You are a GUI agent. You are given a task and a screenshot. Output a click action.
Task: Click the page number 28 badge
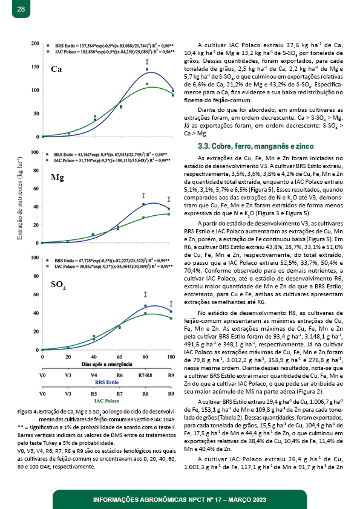point(21,8)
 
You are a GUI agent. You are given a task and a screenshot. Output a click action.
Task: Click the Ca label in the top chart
point(56,69)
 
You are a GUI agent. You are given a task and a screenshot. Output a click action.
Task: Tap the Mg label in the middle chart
point(57,178)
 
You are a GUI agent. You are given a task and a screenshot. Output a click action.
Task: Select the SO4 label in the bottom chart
point(58,285)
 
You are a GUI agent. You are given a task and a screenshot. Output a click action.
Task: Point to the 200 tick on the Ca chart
point(36,43)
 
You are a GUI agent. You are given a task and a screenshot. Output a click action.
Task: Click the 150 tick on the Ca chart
point(36,66)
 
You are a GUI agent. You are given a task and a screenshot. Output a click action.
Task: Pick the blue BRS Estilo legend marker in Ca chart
point(48,46)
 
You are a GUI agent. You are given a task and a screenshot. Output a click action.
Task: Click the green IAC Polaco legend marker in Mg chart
point(47,160)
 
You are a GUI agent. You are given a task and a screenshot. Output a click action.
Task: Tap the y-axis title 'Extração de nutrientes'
point(19,198)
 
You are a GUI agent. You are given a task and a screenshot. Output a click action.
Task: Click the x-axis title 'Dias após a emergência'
point(107,365)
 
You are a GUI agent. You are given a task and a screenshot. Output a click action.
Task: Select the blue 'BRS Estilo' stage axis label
point(107,382)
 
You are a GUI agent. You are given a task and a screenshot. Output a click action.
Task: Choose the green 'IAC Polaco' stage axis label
point(107,401)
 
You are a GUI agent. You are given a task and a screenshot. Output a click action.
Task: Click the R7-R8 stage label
point(145,375)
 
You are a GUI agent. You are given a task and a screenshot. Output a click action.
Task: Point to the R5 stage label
point(94,394)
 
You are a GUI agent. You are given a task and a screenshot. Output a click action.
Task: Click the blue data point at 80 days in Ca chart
point(147,69)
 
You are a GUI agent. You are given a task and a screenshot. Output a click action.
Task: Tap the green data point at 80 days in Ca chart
point(147,84)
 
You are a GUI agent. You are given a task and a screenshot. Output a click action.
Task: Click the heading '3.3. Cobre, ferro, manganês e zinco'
point(256,146)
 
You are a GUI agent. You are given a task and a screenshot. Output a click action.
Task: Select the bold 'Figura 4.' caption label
point(28,412)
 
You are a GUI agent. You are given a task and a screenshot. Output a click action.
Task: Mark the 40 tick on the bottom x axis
point(94,357)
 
